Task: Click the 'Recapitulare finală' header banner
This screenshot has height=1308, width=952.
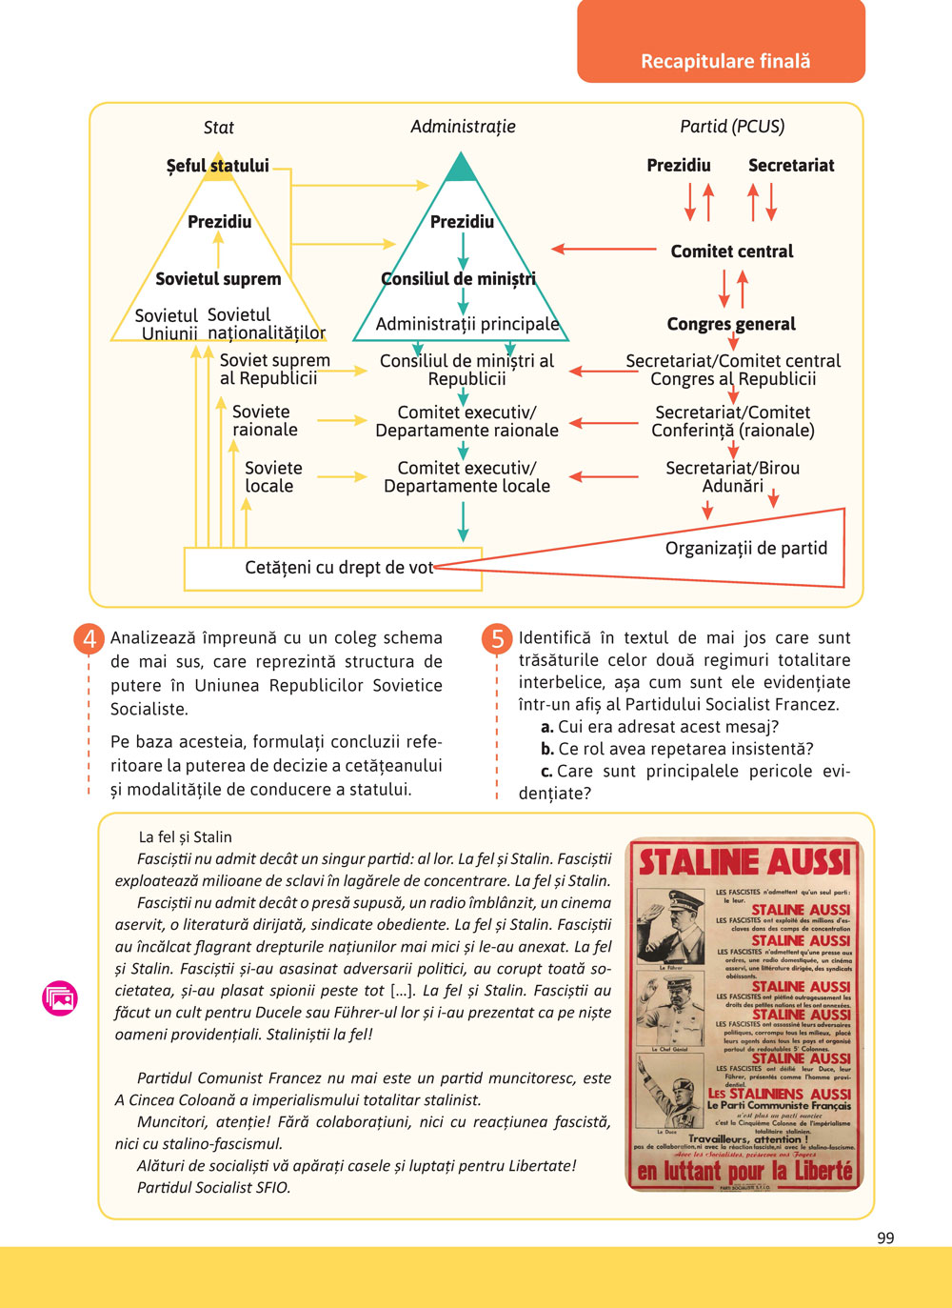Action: [x=724, y=61]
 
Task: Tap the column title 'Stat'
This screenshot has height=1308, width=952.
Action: [x=218, y=128]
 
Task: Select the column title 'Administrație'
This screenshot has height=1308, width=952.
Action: [x=463, y=127]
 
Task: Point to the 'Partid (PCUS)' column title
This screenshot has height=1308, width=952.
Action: [x=732, y=127]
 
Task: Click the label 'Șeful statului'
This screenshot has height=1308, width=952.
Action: [x=217, y=166]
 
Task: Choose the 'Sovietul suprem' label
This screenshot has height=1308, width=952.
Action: [x=218, y=279]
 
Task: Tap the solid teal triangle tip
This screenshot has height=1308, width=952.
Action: [x=462, y=170]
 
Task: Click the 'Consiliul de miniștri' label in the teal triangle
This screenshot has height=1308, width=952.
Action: [x=458, y=279]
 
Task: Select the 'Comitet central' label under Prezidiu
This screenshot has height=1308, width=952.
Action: [x=731, y=252]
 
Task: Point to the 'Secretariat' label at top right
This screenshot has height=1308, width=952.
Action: [x=790, y=166]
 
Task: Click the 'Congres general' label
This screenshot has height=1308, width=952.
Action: [x=731, y=324]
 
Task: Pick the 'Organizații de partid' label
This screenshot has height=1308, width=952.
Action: [x=745, y=549]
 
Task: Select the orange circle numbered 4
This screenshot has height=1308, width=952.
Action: [x=89, y=638]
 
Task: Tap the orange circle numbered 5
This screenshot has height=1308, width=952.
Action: [x=497, y=638]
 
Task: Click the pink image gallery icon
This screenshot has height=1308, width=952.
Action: [x=60, y=997]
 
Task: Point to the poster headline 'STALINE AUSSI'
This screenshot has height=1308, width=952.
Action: [x=744, y=862]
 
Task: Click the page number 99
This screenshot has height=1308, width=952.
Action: [x=885, y=1238]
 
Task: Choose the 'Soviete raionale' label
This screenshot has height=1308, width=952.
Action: [x=265, y=421]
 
